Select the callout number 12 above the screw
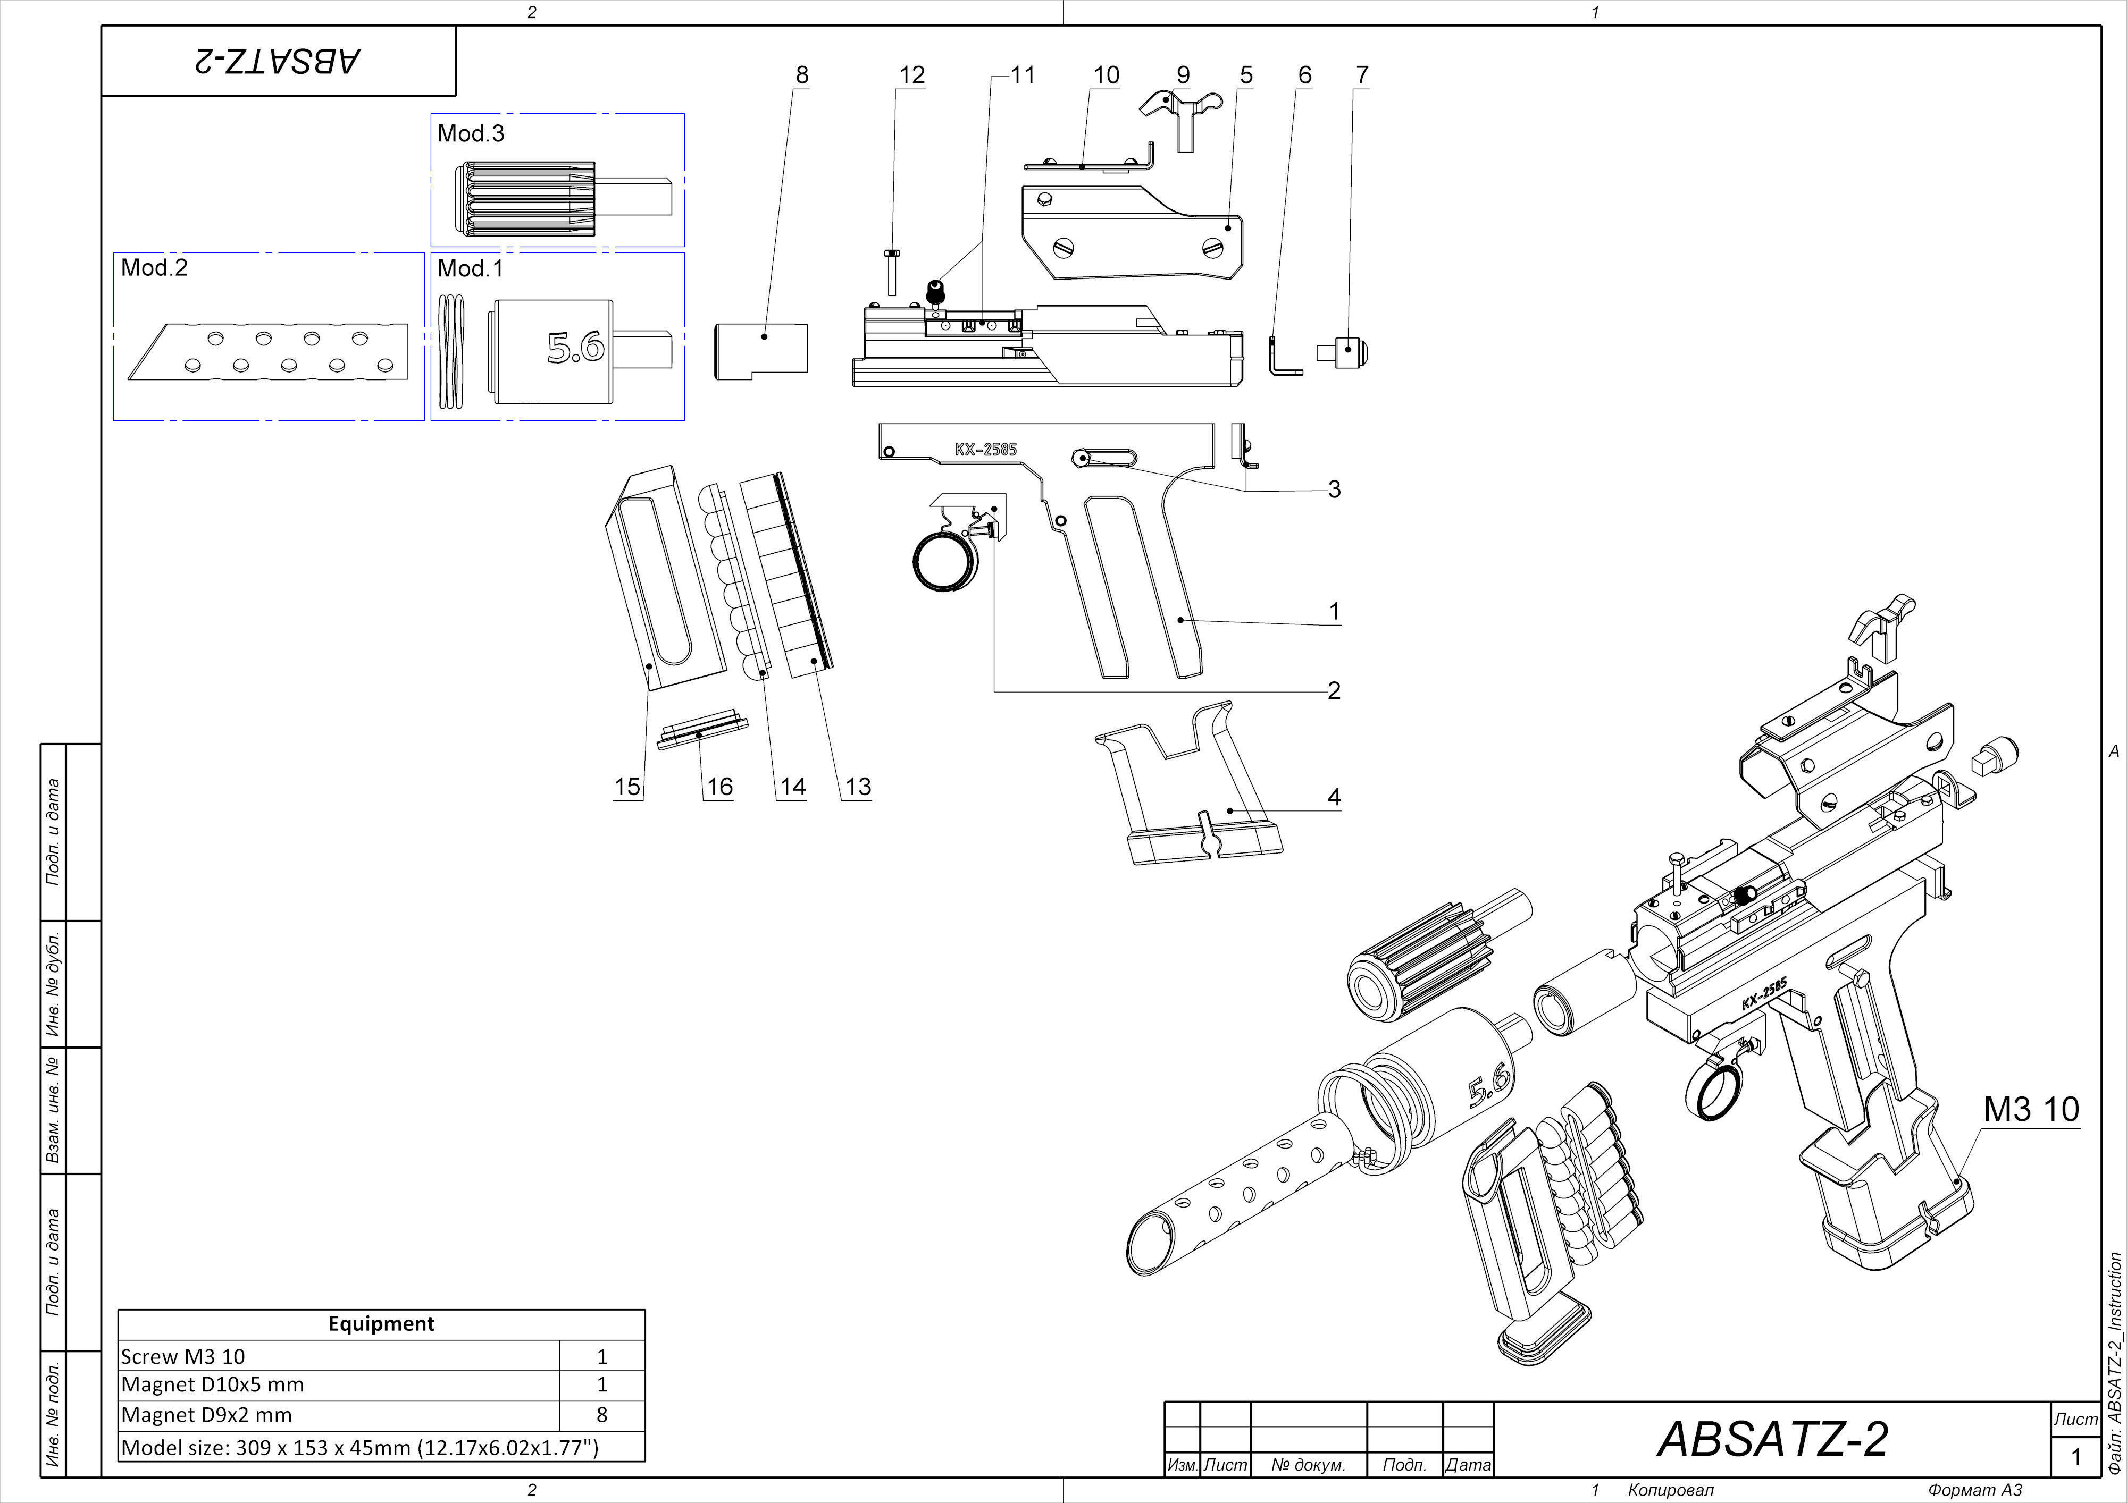click(x=911, y=75)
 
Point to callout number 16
click(x=720, y=786)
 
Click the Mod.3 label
click(x=471, y=133)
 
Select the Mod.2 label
click(x=154, y=268)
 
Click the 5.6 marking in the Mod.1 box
click(x=575, y=347)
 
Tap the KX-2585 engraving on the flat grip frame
click(x=986, y=449)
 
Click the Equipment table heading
click(x=381, y=1323)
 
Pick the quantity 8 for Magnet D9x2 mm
click(x=602, y=1414)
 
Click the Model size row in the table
click(x=359, y=1447)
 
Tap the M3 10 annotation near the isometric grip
click(x=2031, y=1109)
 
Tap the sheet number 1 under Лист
click(x=2075, y=1457)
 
